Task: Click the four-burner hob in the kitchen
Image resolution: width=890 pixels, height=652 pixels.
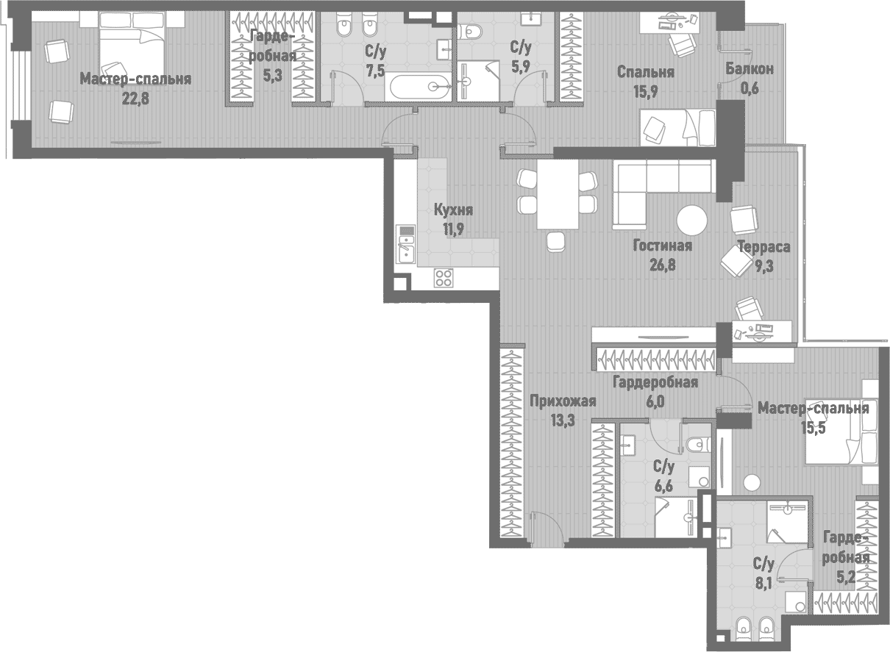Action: click(444, 277)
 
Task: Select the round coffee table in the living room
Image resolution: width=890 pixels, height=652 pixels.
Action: click(691, 219)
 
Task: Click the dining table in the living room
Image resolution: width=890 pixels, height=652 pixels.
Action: click(558, 195)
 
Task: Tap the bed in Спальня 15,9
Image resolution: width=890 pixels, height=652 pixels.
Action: click(677, 127)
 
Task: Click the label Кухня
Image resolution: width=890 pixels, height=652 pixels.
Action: click(453, 210)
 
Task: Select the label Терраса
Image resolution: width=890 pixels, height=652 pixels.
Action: click(763, 247)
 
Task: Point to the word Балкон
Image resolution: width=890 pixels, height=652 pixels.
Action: click(749, 69)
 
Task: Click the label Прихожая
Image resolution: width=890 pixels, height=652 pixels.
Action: click(562, 401)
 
